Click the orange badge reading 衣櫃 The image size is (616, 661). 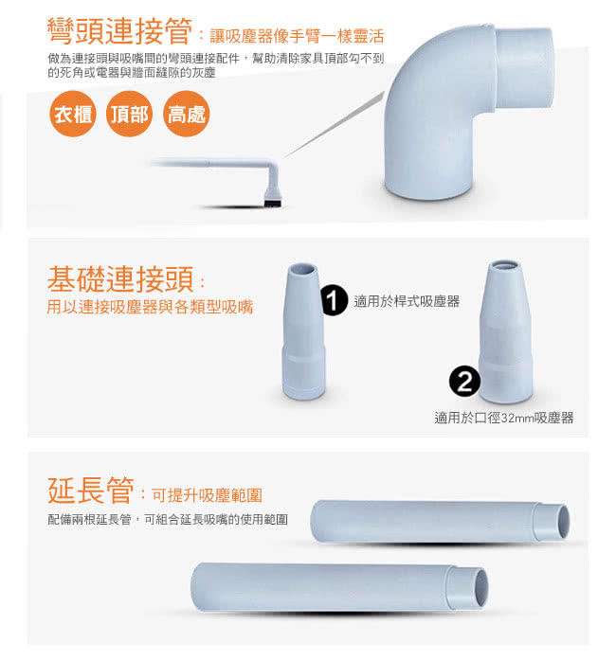point(73,114)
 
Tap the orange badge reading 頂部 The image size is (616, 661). point(129,114)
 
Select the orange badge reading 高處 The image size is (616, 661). point(186,114)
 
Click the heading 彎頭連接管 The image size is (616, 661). point(119,31)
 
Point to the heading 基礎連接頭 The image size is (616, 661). point(120,278)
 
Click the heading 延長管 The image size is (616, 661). point(91,490)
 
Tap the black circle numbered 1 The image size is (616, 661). point(334,301)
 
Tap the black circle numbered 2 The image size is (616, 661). point(464,382)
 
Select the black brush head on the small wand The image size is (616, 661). point(273,203)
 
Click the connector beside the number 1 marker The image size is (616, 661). point(303,331)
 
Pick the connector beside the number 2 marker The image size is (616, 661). point(505,331)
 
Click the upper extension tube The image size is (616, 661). point(440,521)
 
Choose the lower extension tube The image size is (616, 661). point(339,586)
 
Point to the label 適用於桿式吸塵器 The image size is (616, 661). point(407,301)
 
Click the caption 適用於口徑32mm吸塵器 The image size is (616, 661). point(504,418)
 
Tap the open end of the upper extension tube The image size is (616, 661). point(562,521)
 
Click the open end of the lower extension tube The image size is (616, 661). point(481,588)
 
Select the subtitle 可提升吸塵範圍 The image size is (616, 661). point(207,495)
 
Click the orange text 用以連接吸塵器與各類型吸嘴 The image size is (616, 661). point(150,307)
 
